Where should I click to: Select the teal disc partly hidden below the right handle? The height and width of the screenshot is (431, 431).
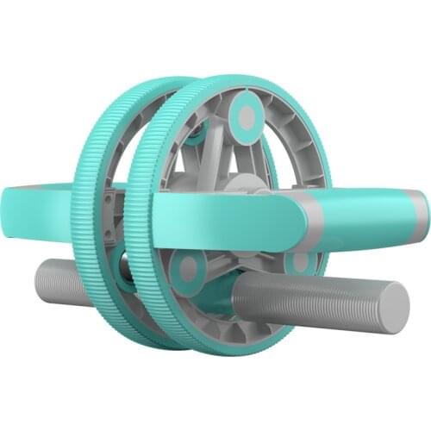coord(300,260)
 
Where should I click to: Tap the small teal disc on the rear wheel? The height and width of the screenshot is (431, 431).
coord(197,131)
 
